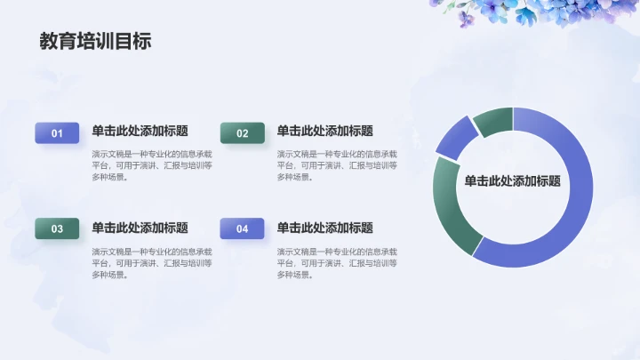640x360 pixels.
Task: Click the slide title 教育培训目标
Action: (95, 42)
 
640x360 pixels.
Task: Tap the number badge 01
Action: (57, 133)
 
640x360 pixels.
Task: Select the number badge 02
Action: (242, 133)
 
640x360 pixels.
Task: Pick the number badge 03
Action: (57, 229)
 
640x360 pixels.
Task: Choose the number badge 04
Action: (242, 229)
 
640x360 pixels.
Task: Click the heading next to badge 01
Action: (140, 131)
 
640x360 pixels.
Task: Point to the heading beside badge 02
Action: (324, 131)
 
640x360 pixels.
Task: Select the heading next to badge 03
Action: (140, 228)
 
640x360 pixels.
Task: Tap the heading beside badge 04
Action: (324, 228)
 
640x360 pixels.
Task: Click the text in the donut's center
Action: (512, 181)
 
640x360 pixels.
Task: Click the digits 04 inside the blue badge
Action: (242, 229)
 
